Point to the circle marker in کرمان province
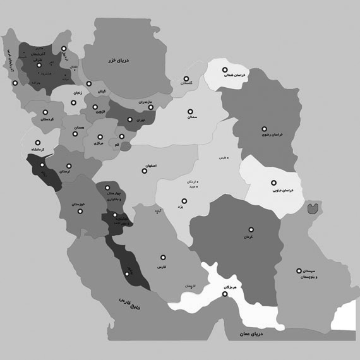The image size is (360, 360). (x=251, y=229)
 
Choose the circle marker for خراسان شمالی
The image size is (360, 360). (x=224, y=70)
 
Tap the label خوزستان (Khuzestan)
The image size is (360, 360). (x=76, y=205)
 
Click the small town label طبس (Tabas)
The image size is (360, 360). (x=220, y=155)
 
